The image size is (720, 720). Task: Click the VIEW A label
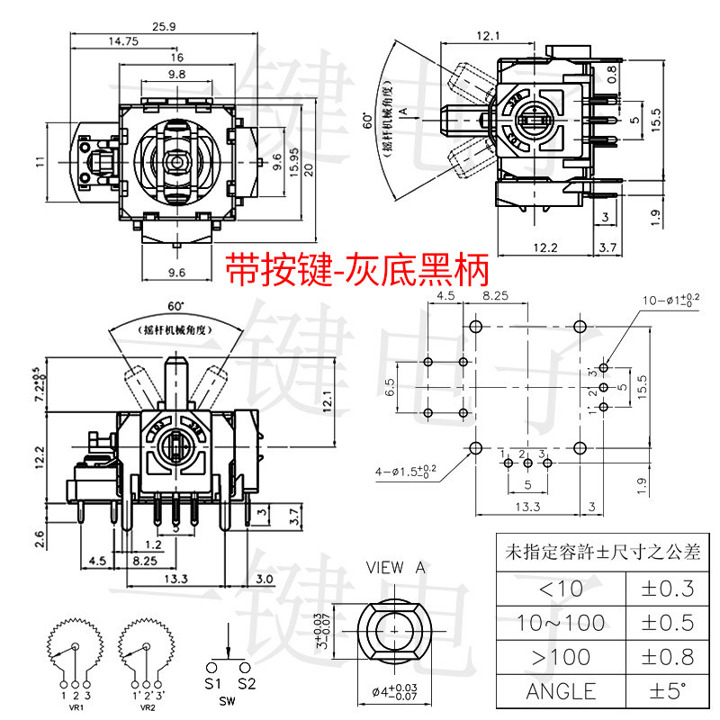pyautogui.click(x=395, y=568)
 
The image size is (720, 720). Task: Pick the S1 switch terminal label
pyautogui.click(x=213, y=683)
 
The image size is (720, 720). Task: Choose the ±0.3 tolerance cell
pyautogui.click(x=665, y=589)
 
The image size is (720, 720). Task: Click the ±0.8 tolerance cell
pyautogui.click(x=665, y=656)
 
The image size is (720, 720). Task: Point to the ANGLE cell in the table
pyautogui.click(x=561, y=690)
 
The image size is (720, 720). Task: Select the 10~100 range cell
pyautogui.click(x=561, y=622)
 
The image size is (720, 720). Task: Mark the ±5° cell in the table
pyautogui.click(x=665, y=690)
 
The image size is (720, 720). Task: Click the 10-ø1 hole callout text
pyautogui.click(x=670, y=300)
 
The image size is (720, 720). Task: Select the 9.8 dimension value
pyautogui.click(x=176, y=74)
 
